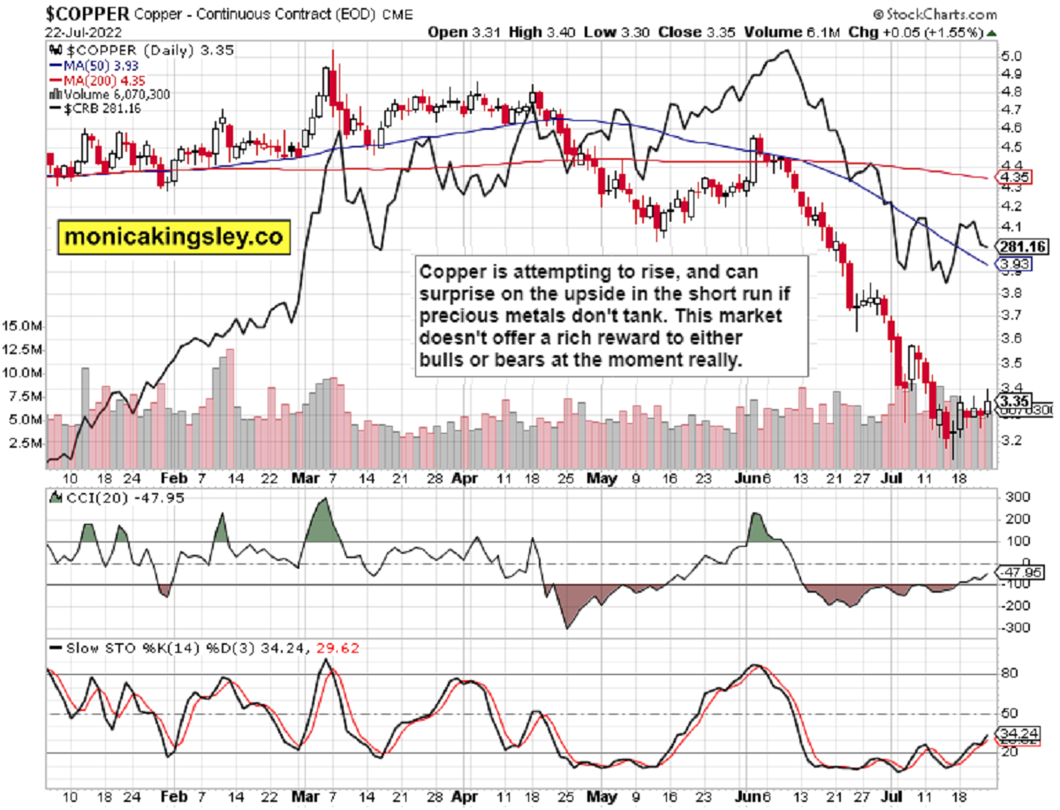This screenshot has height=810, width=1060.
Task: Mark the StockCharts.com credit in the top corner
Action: (x=935, y=14)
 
